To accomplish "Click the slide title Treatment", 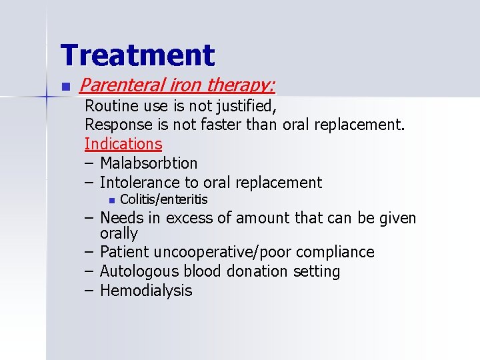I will coord(137,55).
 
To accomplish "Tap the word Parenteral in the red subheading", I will coord(115,85).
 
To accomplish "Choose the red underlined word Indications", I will coord(123,144).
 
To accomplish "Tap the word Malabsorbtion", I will coord(149,163).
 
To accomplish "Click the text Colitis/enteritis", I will coord(163,199).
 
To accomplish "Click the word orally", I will coord(119,233).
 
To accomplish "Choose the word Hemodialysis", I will coord(146,291).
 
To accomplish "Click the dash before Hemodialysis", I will coord(89,291).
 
